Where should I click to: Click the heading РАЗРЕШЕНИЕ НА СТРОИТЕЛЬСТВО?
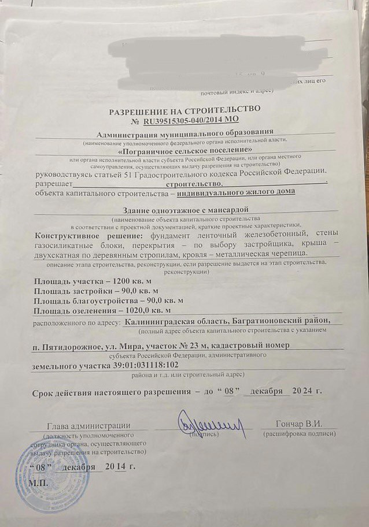pos(184,109)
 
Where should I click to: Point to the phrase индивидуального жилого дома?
pos(236,192)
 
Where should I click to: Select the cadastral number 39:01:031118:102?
pos(133,366)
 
